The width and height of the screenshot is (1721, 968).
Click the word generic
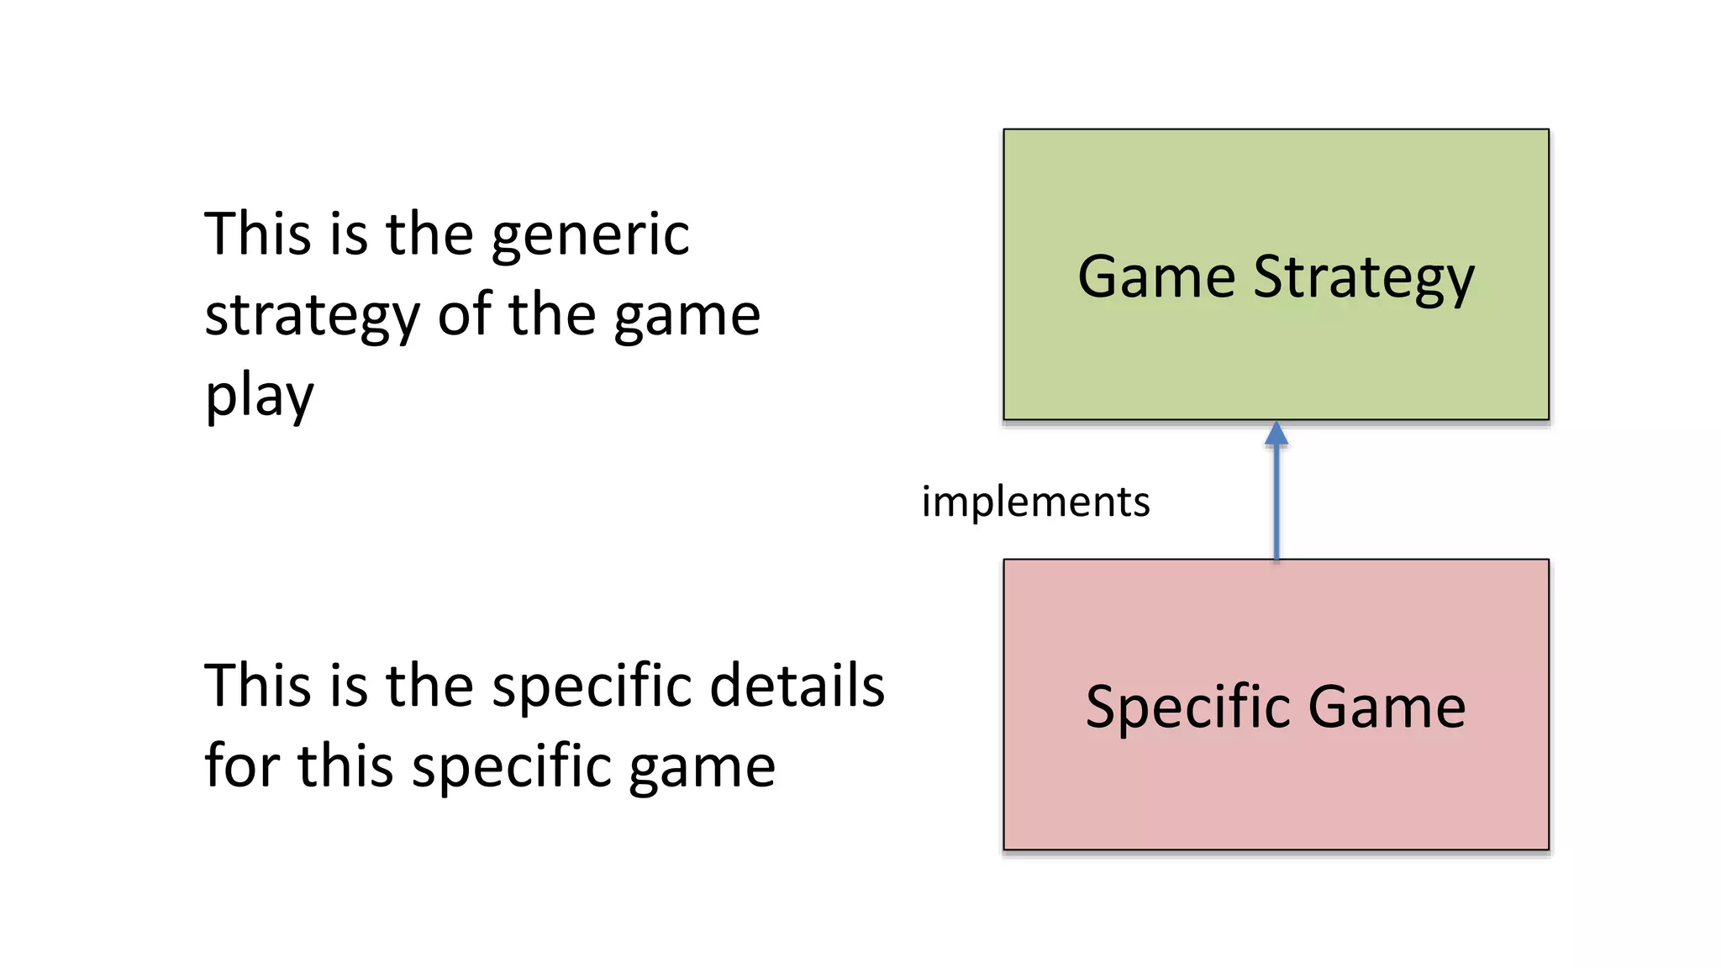coord(590,235)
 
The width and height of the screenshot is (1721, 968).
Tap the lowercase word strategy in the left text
coord(312,318)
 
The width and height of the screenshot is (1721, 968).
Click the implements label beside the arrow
coord(1035,502)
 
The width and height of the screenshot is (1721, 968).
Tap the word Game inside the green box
coord(1156,277)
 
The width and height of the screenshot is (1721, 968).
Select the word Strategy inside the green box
coord(1364,279)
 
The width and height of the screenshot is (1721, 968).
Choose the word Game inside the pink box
coord(1387,708)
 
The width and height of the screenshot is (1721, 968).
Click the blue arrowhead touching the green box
coord(1276,434)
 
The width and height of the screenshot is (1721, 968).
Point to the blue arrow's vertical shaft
coord(1276,504)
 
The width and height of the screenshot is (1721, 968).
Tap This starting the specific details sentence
coord(257,686)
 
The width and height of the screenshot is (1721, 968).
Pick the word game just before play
coord(687,318)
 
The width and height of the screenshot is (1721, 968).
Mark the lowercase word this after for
coord(345,766)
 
